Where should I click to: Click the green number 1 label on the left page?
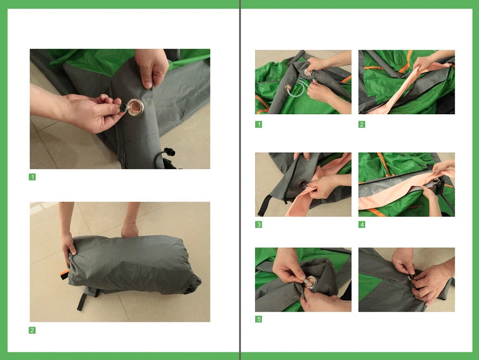(x=32, y=177)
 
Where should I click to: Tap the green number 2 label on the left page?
(x=32, y=330)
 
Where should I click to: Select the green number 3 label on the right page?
(x=259, y=224)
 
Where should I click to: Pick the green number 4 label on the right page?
(x=362, y=224)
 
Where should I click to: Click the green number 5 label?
(x=259, y=319)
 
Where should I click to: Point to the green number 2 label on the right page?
(x=362, y=124)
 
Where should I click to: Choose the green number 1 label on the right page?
(x=259, y=124)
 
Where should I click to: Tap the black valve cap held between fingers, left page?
(x=123, y=108)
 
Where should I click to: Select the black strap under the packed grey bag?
(x=81, y=300)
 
